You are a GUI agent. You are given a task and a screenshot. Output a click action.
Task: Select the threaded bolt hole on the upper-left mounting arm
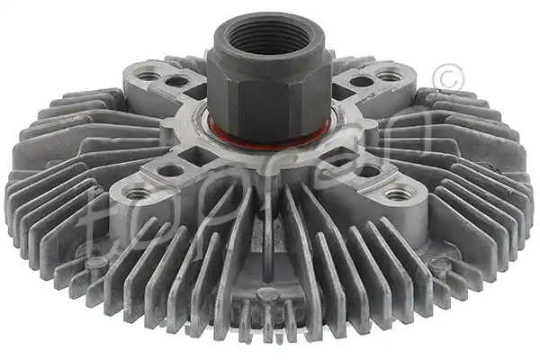[146, 73]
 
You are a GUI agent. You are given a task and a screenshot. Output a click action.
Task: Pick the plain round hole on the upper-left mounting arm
[176, 81]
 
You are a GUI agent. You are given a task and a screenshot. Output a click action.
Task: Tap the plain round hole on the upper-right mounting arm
[361, 81]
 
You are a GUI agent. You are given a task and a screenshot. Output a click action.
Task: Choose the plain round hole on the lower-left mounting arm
[170, 170]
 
